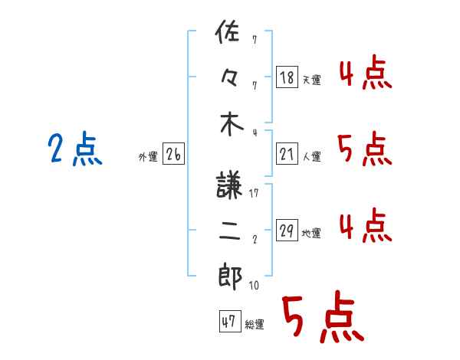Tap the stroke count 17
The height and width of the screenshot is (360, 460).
(x=254, y=193)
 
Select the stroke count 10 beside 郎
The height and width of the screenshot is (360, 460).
(x=254, y=286)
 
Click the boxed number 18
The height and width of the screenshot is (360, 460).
(x=286, y=77)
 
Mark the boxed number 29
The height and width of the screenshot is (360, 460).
(x=286, y=231)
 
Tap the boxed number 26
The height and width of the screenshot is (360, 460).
(x=173, y=155)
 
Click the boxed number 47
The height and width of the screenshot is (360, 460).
(x=228, y=322)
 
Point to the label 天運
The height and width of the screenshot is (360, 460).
(x=311, y=80)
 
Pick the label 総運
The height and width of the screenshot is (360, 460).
(x=254, y=325)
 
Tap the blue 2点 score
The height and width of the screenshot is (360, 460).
(x=74, y=150)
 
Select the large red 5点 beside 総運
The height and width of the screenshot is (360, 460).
(x=321, y=317)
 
